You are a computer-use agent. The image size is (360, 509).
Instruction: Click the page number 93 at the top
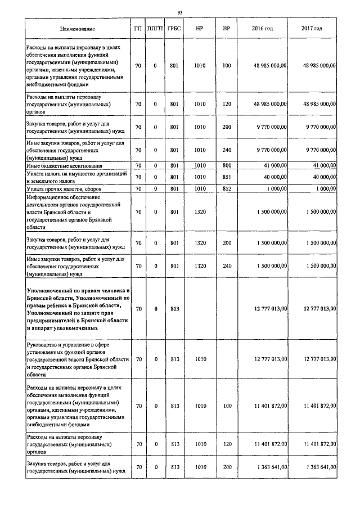click(179, 12)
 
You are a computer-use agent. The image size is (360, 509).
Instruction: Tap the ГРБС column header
click(174, 29)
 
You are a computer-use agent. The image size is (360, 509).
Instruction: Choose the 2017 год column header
click(312, 29)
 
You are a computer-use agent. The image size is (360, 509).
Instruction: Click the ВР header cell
click(226, 29)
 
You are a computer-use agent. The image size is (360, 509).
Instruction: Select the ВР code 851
click(226, 178)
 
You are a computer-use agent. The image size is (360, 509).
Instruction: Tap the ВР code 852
click(226, 189)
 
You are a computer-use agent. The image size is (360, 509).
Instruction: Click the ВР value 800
click(226, 166)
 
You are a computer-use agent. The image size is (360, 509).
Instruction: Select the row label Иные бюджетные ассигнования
click(64, 166)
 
